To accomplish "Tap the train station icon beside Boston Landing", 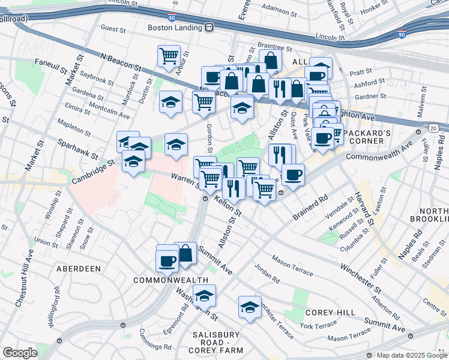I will pos(209,28).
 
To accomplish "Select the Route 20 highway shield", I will pos(433,128).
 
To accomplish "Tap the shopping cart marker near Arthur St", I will pos(169,56).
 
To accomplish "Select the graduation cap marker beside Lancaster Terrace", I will pos(250,307).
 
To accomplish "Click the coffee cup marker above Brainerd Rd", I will pos(292,175).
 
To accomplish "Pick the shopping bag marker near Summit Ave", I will pos(185,253).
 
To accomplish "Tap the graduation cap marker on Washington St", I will pos(204,295).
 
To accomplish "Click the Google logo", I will pos(19,353).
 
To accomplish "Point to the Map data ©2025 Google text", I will pos(411,355).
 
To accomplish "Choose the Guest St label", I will pos(113,28).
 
